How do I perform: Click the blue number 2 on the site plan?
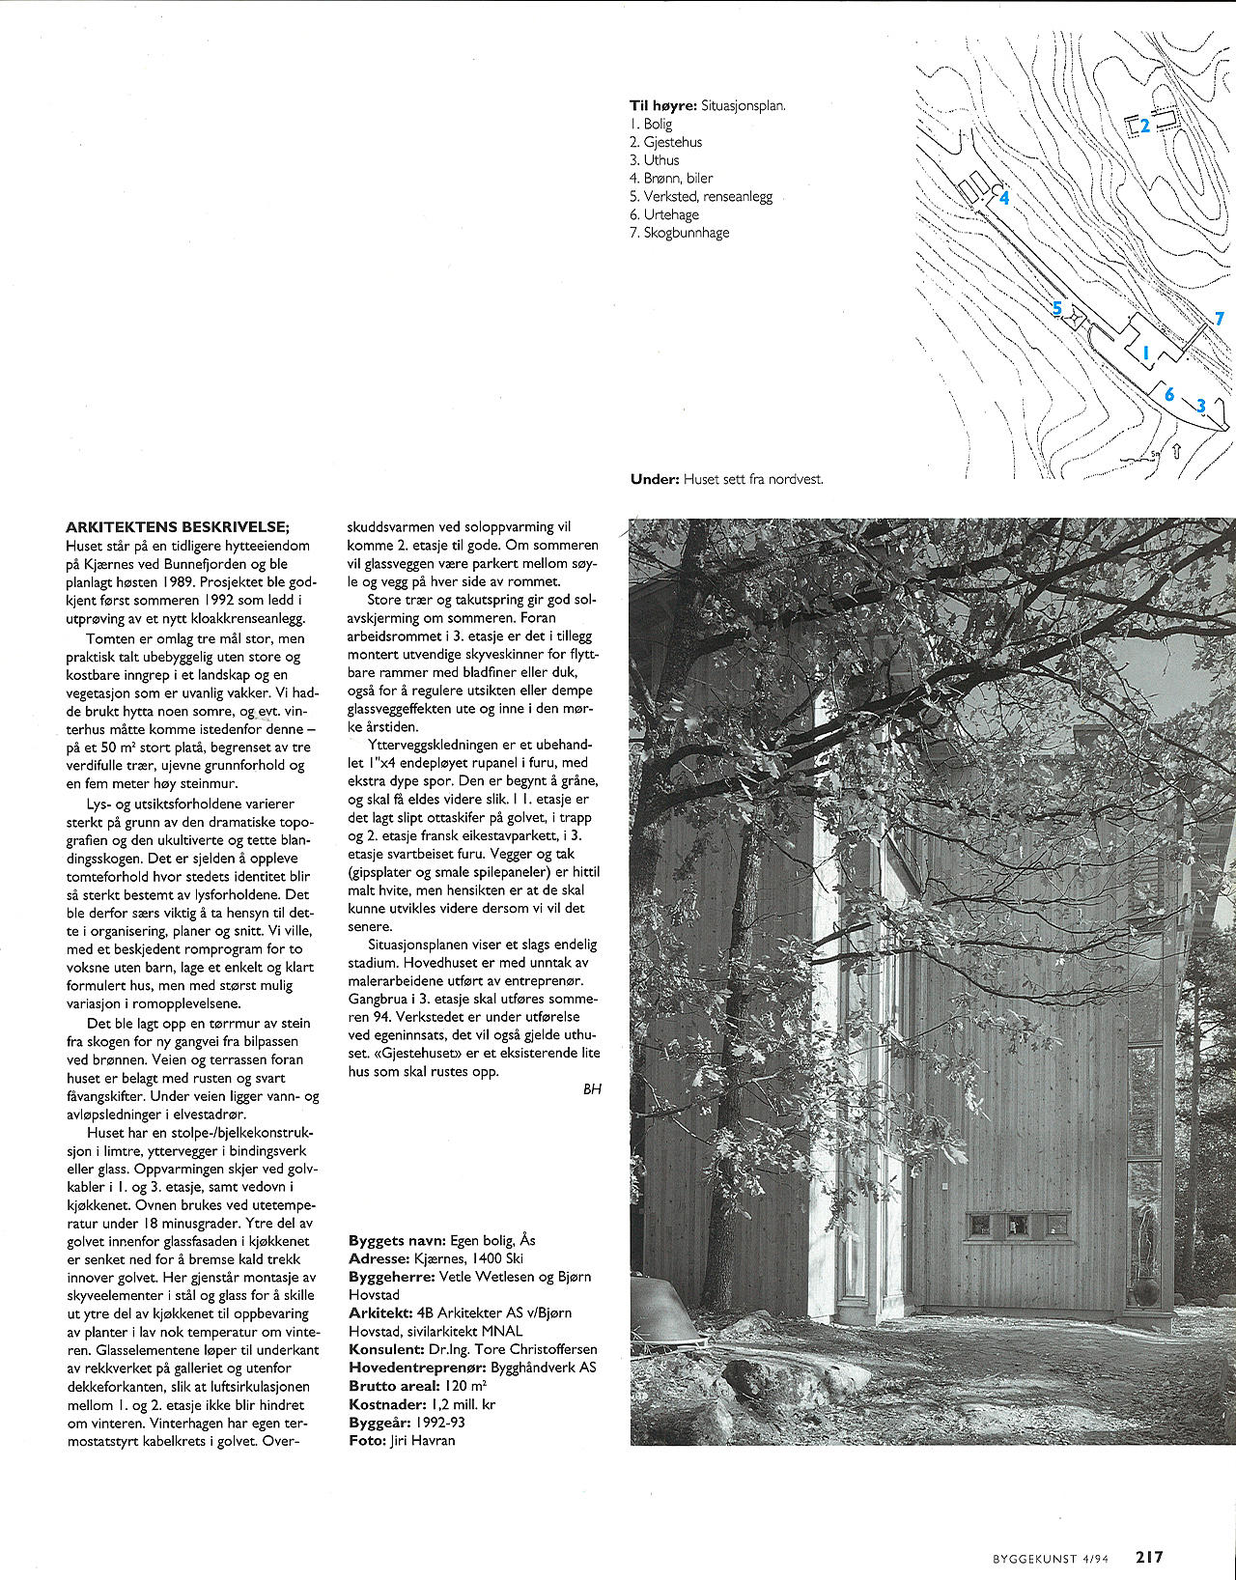coord(1145,126)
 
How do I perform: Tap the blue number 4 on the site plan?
coord(1004,198)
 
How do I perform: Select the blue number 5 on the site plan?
coord(1057,309)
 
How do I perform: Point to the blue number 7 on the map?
coord(1220,319)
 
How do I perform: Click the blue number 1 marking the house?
coord(1146,353)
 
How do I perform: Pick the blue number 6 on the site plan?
coord(1169,394)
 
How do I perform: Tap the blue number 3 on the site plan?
coord(1201,406)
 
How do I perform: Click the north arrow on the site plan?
coord(1176,450)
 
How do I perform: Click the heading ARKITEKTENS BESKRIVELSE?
coord(178,527)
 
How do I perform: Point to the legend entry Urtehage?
coord(670,214)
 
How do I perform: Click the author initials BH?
coord(592,1089)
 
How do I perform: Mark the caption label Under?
coord(655,479)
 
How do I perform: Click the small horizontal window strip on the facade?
coord(1018,1226)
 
